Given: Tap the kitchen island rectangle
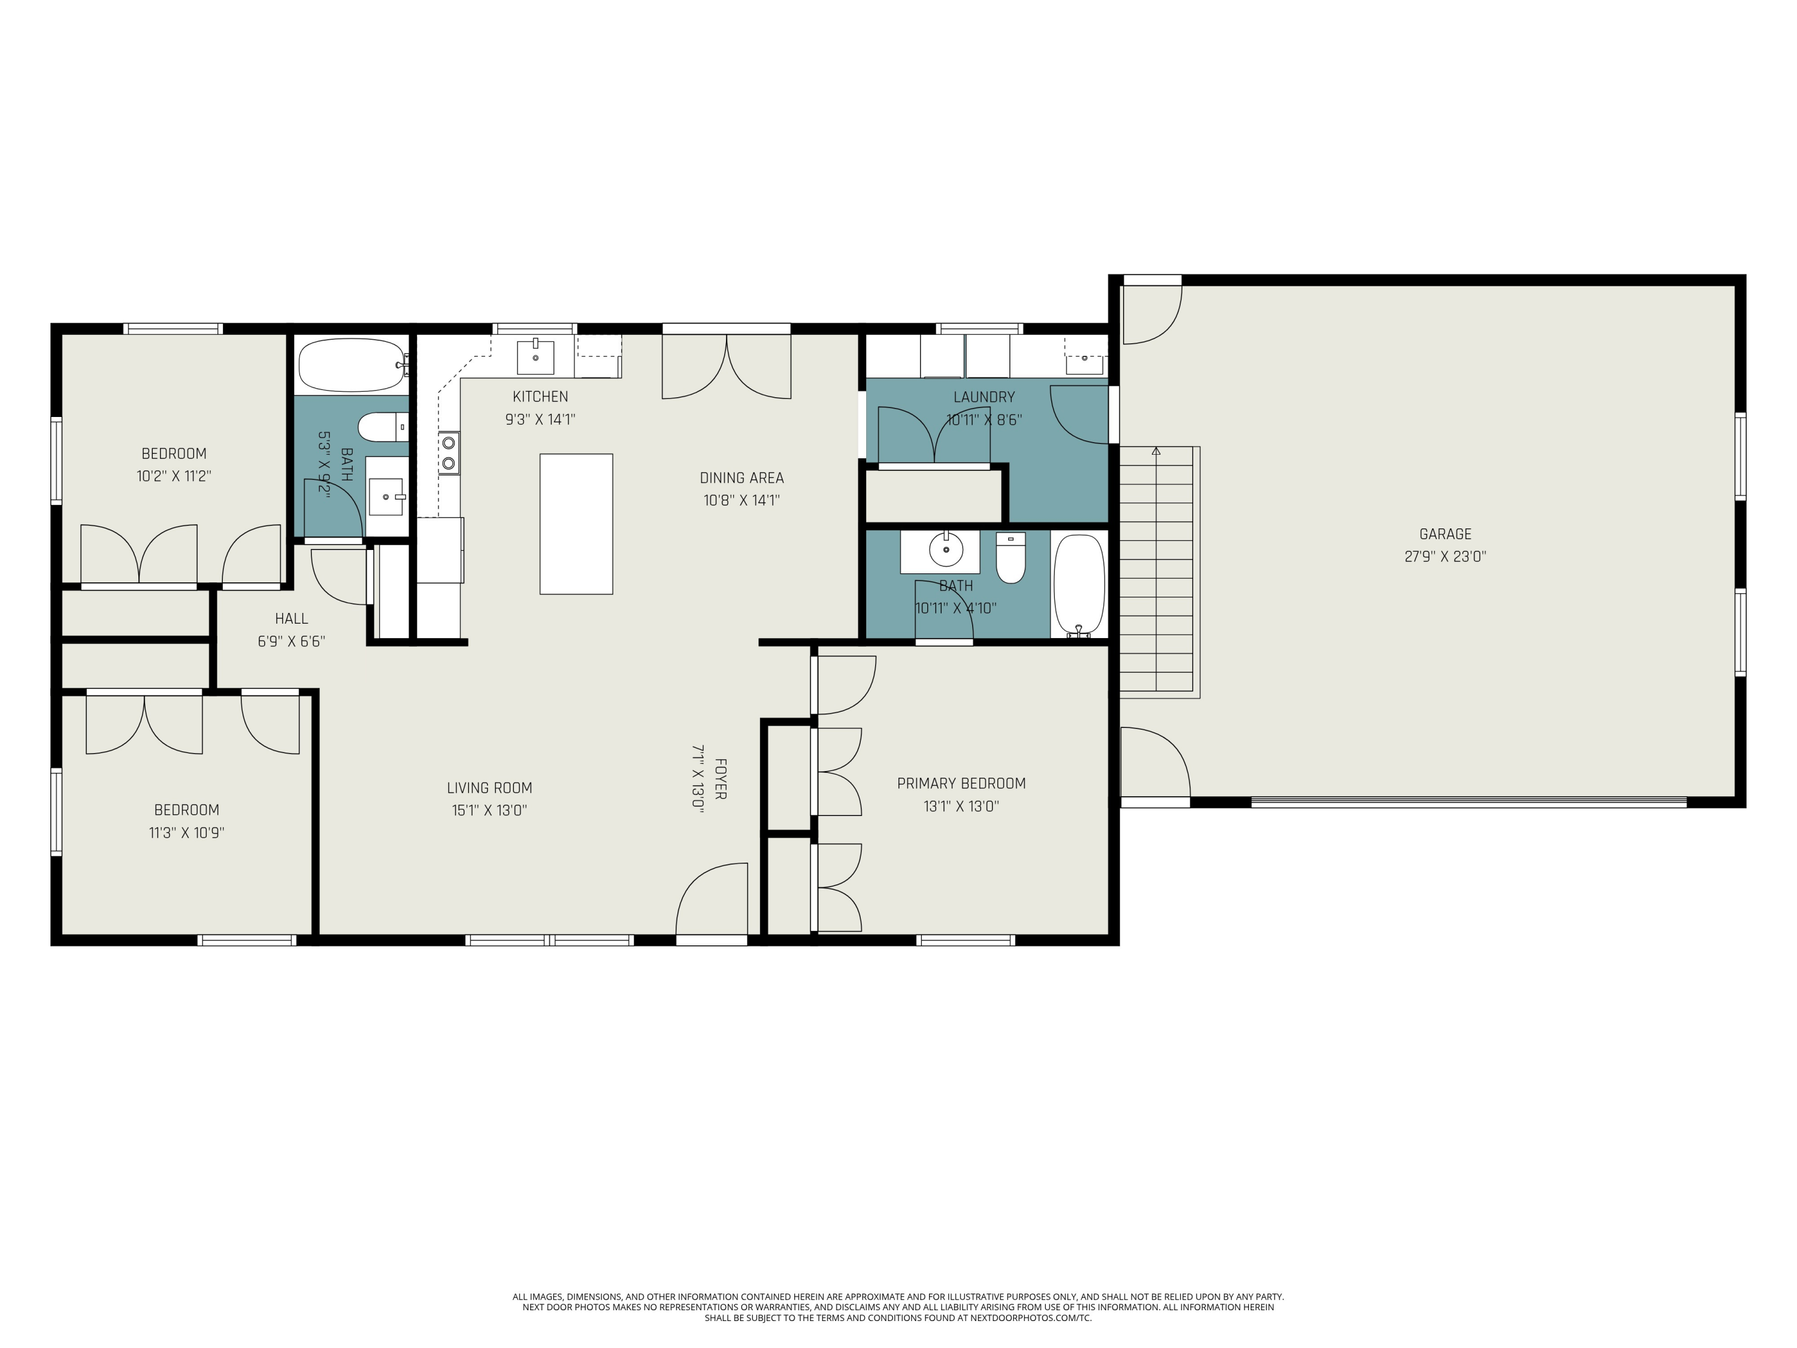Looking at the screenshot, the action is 576,524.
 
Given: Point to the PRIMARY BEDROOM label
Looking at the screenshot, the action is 961,783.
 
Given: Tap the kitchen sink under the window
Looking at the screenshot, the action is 536,356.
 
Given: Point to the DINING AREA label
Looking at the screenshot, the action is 742,477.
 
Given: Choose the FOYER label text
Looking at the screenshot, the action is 720,779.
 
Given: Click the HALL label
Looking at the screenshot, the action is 291,618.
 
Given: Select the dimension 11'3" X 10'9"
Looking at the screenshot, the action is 186,832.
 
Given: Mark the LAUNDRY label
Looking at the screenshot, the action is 984,397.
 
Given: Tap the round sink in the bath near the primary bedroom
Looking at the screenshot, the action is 946,550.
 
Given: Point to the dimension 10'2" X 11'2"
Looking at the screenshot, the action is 174,476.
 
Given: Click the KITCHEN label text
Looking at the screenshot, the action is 540,397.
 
